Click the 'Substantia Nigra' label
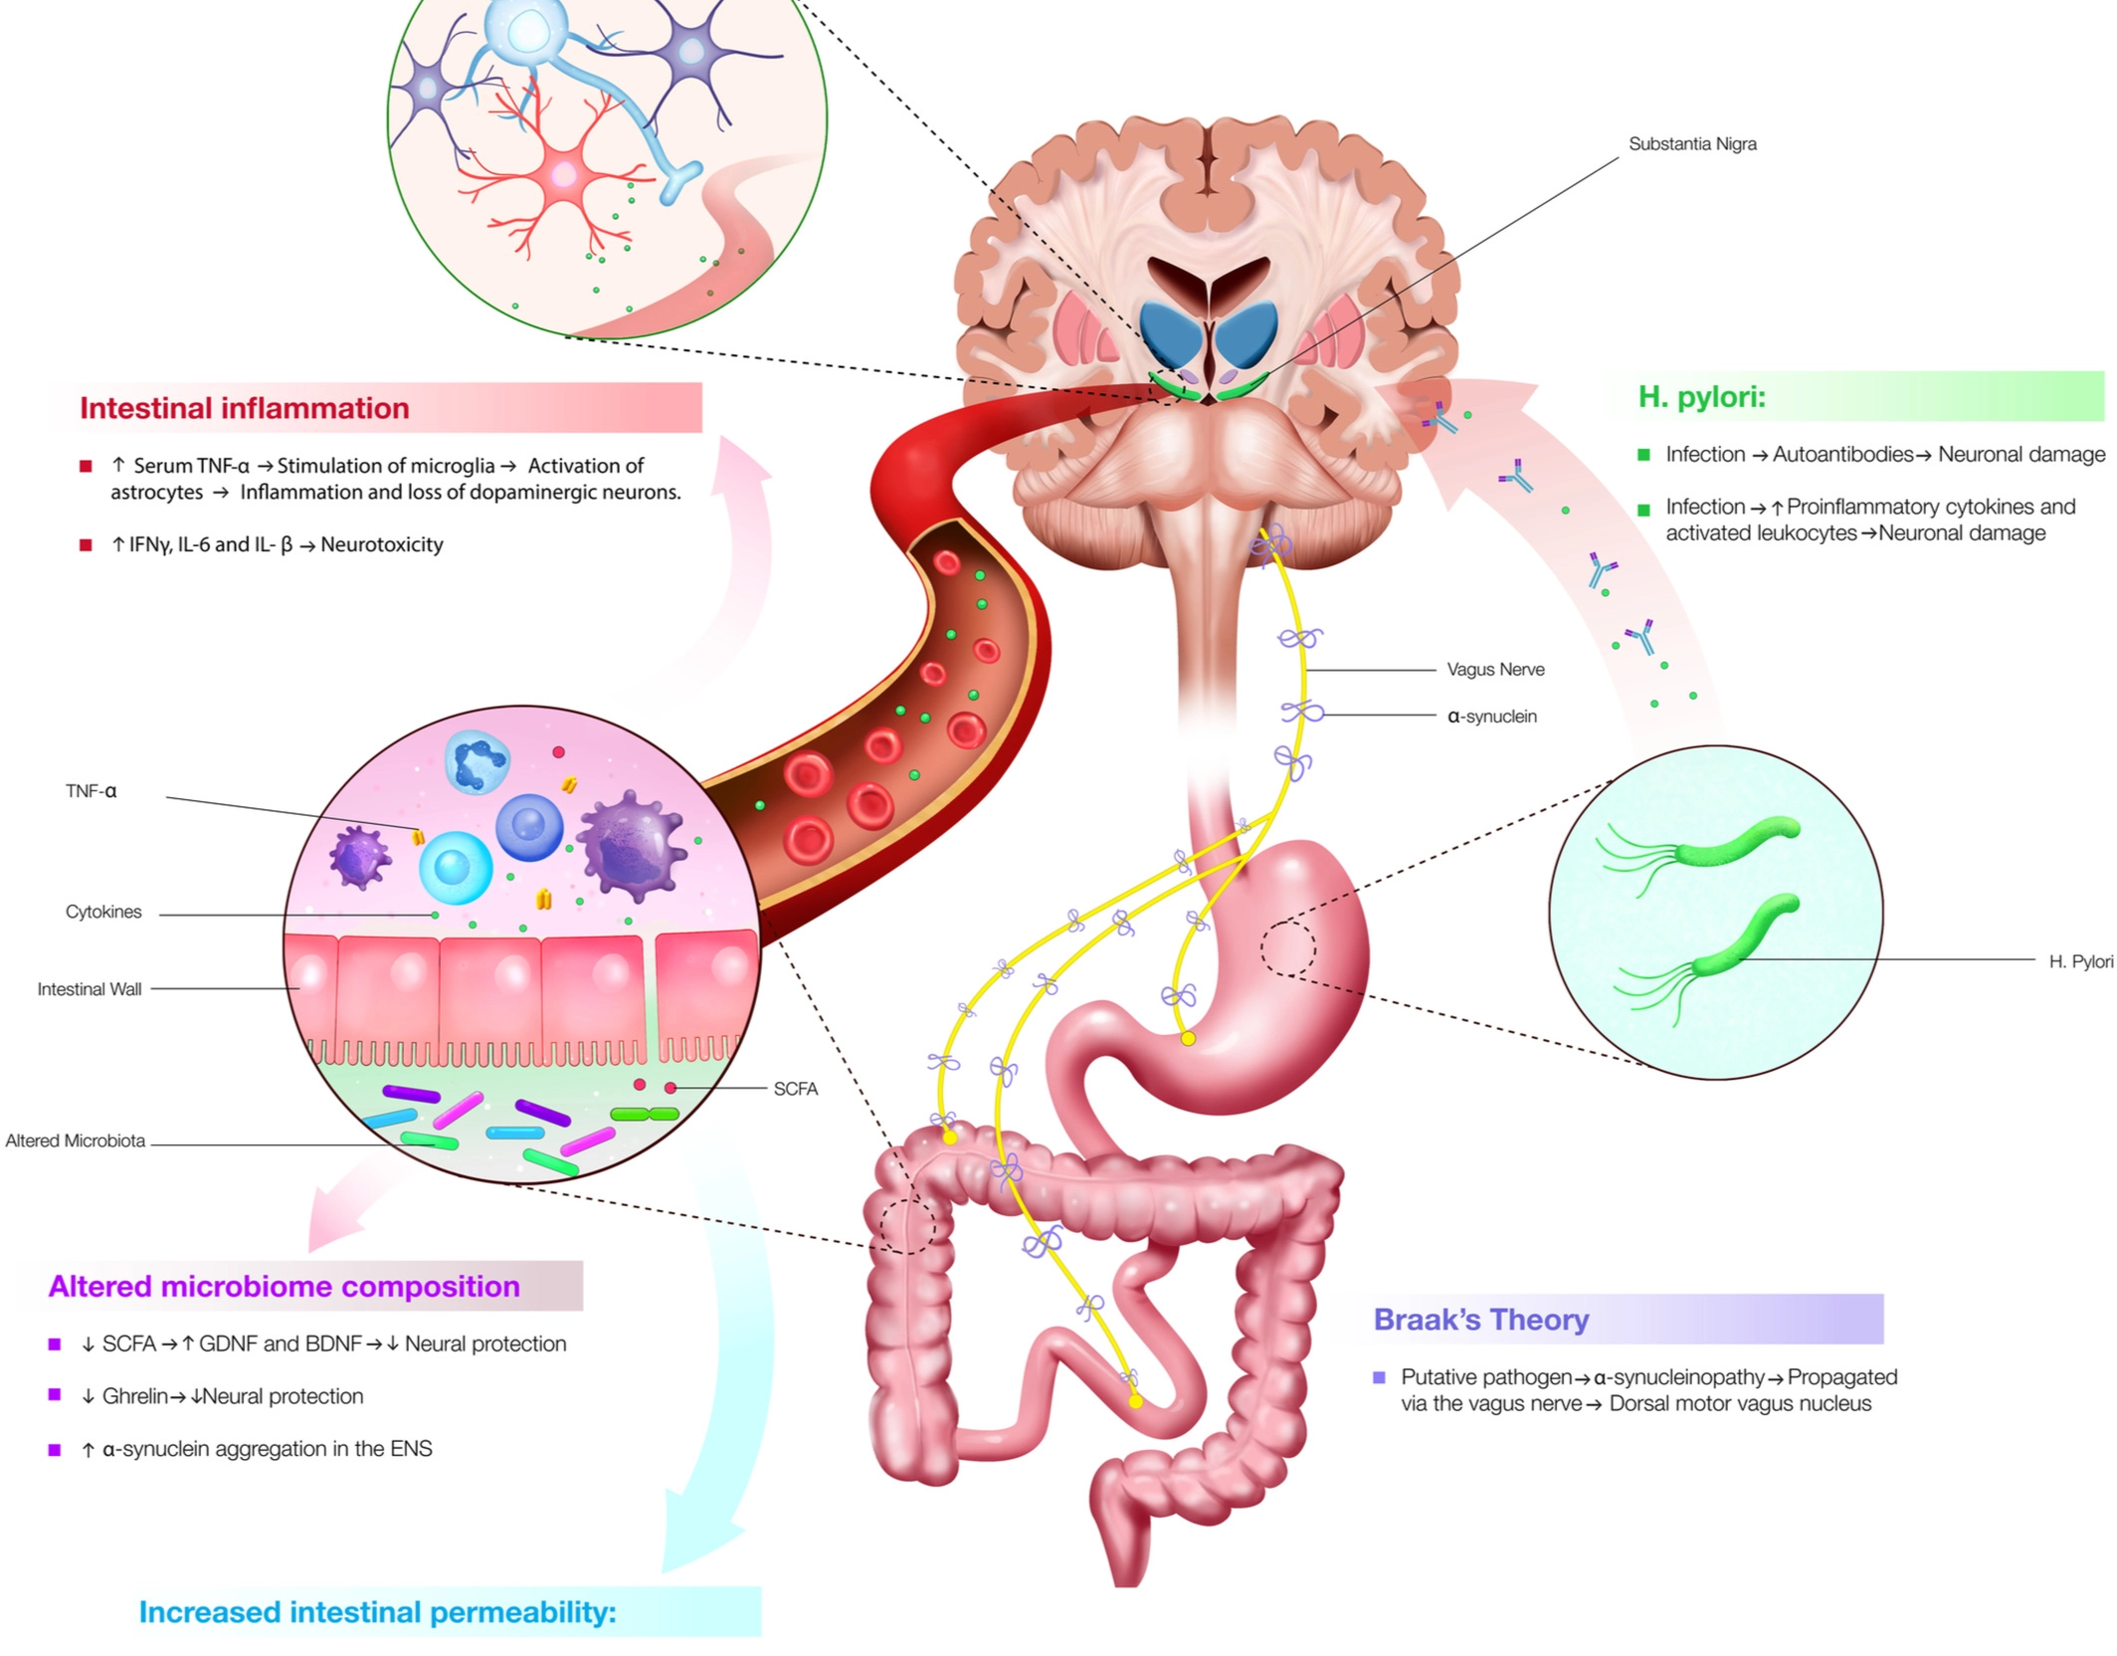(x=1691, y=144)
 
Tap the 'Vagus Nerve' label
(x=1495, y=670)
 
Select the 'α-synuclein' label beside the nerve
(x=1491, y=717)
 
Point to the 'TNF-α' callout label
(x=91, y=791)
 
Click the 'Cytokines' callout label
(x=103, y=912)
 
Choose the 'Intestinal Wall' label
(x=90, y=989)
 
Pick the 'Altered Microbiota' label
(x=76, y=1140)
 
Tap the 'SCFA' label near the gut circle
(x=796, y=1089)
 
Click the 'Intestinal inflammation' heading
(x=245, y=408)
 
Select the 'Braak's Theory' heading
(x=1480, y=1320)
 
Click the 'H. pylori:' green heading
(x=1701, y=397)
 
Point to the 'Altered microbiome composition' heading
(x=284, y=1286)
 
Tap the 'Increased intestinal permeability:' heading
(x=377, y=1612)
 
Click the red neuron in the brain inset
(x=563, y=176)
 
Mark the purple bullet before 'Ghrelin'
(x=55, y=1395)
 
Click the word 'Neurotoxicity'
(x=381, y=544)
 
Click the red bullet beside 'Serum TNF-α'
(x=86, y=466)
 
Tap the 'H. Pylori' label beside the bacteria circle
(x=2080, y=961)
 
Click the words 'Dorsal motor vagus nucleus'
(x=1740, y=1403)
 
